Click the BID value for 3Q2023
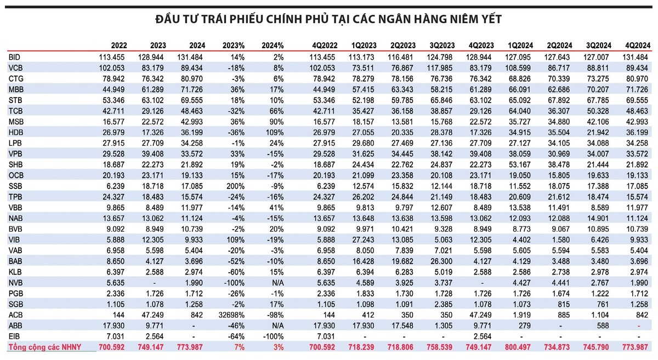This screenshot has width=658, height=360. coord(443,57)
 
